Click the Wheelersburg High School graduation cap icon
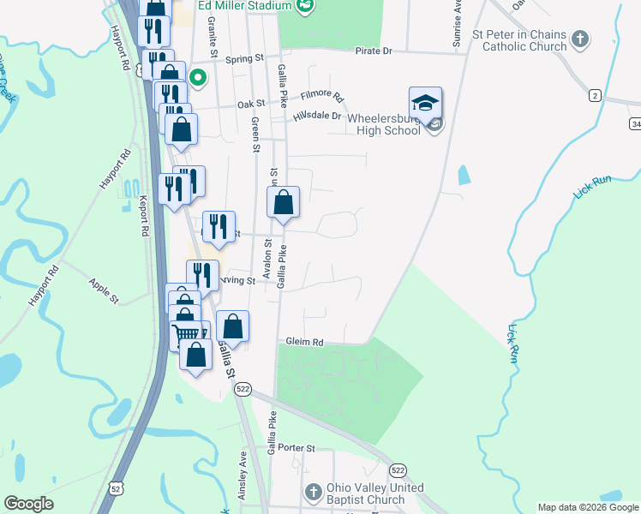[x=426, y=104]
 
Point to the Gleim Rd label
[x=306, y=342]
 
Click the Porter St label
[x=297, y=448]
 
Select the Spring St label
[x=245, y=58]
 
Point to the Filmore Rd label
[x=322, y=98]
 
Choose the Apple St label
[x=104, y=290]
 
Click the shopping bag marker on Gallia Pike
[x=283, y=204]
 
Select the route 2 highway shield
[x=594, y=95]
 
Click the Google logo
[x=29, y=504]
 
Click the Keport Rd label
[x=144, y=217]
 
